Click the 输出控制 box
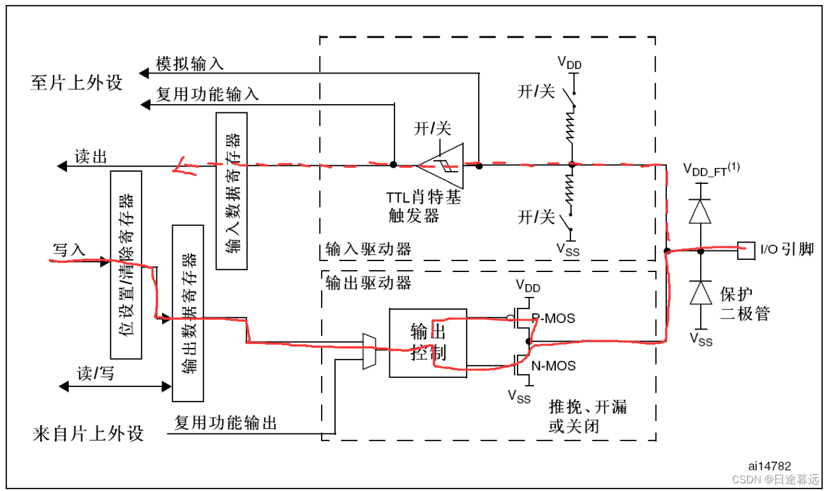[428, 343]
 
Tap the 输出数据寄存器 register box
[188, 313]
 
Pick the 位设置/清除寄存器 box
[126, 264]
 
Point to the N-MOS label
[553, 366]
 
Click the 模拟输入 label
[190, 64]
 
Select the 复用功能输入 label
[207, 95]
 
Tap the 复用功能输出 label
[226, 423]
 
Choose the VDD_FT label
[710, 169]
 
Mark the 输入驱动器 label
[368, 249]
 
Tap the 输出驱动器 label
[368, 282]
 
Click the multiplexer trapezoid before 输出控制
[368, 351]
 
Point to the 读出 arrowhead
[62, 166]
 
